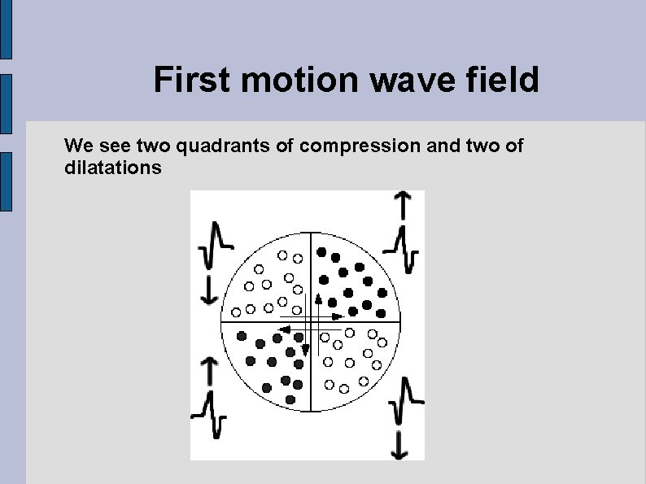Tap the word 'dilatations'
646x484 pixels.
pos(113,168)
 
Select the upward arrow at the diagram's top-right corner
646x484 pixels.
pos(402,205)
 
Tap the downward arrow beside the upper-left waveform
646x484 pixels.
pos(209,290)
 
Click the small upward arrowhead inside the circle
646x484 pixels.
pos(319,299)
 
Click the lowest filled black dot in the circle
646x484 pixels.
pos(290,399)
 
